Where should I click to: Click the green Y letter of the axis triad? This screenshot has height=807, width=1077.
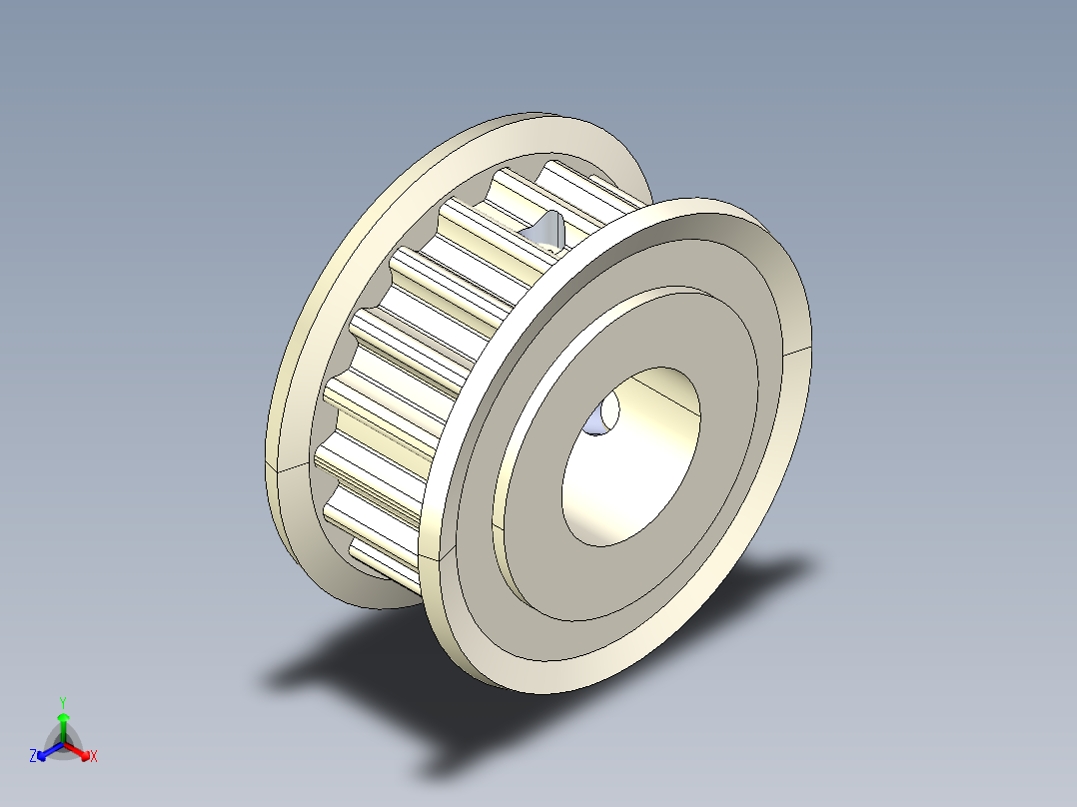tap(62, 701)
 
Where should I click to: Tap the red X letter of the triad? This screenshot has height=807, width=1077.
tap(94, 757)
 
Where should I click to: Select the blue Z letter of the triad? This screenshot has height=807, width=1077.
tap(33, 757)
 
